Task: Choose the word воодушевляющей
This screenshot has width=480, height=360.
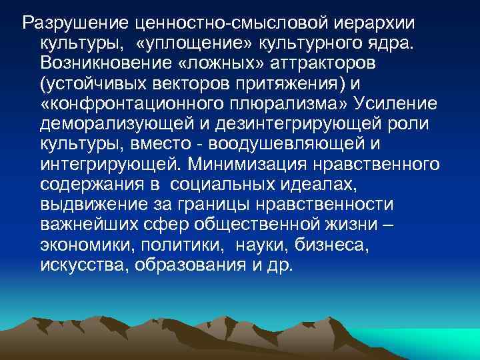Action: [340, 145]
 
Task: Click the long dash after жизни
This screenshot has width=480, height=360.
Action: [389, 225]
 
